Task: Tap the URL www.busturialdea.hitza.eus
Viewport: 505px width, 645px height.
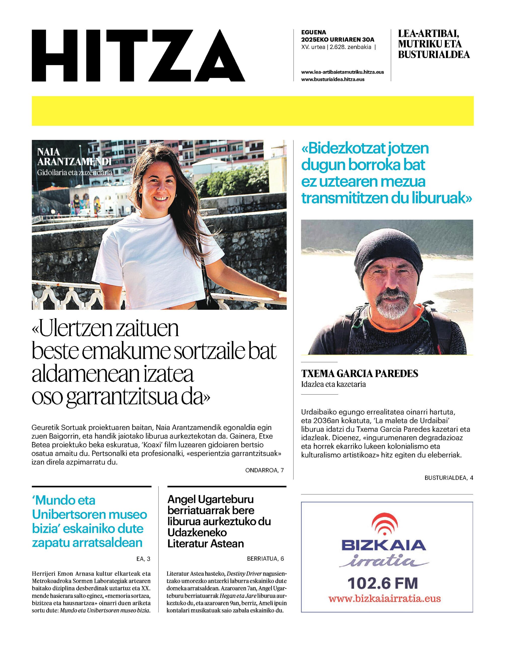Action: [333, 79]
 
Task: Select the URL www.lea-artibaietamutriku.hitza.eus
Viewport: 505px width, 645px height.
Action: [342, 72]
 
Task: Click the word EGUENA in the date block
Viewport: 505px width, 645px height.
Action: [313, 32]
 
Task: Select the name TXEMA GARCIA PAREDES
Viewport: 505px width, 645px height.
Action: [359, 374]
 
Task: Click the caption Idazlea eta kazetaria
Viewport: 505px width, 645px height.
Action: [333, 384]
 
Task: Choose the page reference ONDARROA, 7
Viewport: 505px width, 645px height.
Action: [264, 470]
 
